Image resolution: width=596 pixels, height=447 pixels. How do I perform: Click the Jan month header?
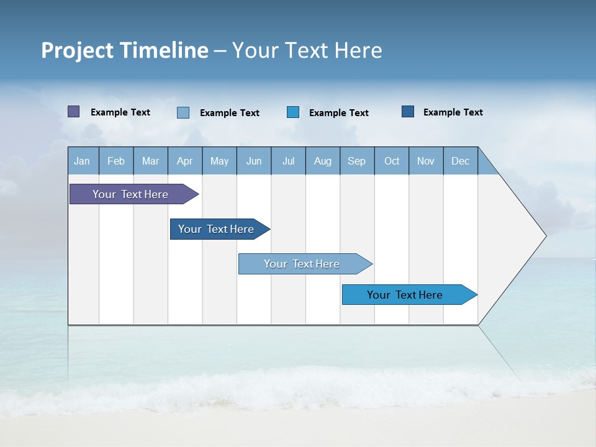coord(82,161)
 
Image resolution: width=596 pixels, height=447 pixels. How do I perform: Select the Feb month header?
coord(116,161)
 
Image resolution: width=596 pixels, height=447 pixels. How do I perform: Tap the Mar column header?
coord(150,161)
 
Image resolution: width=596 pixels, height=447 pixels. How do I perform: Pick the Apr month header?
coord(185,161)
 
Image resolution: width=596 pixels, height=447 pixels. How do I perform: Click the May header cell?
coord(219,161)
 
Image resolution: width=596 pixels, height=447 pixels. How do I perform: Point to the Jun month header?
coord(254,161)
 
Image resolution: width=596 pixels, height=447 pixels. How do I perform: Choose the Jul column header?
coord(288,161)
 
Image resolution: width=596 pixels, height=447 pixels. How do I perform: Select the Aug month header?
coord(323,161)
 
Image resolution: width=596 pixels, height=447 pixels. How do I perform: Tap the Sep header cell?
coord(357,161)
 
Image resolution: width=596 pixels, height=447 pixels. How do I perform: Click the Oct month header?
coord(392,161)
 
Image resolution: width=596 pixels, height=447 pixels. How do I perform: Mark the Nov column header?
coord(426,161)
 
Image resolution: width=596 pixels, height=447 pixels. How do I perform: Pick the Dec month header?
coord(461,161)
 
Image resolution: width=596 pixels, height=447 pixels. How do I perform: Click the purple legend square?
coord(74,112)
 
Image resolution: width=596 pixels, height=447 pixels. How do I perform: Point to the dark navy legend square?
coord(408,112)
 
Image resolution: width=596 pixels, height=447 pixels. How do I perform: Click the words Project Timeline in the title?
coord(125,50)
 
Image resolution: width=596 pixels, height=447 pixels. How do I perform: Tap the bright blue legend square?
coord(293,112)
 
